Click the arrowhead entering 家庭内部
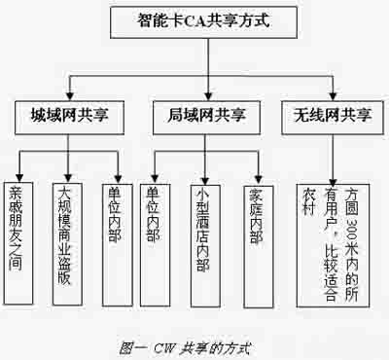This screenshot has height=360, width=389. [255, 172]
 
